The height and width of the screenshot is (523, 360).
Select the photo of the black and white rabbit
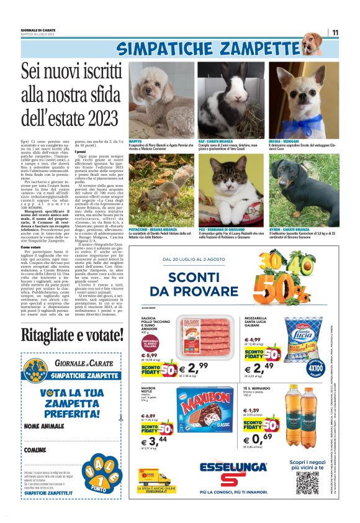[232, 99]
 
